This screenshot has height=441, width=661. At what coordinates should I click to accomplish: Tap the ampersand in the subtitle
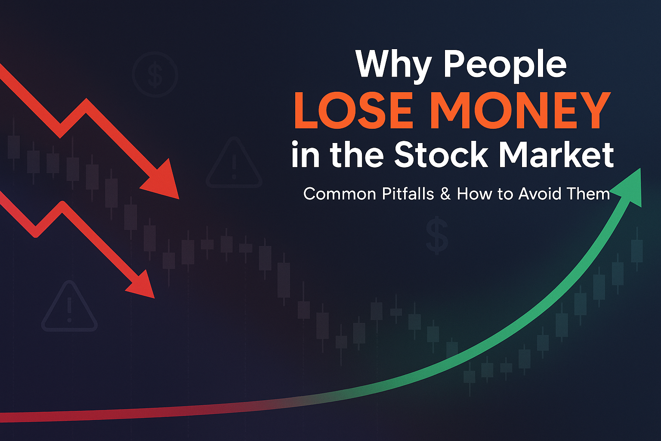(446, 194)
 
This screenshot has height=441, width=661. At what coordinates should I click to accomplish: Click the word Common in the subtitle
(335, 194)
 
